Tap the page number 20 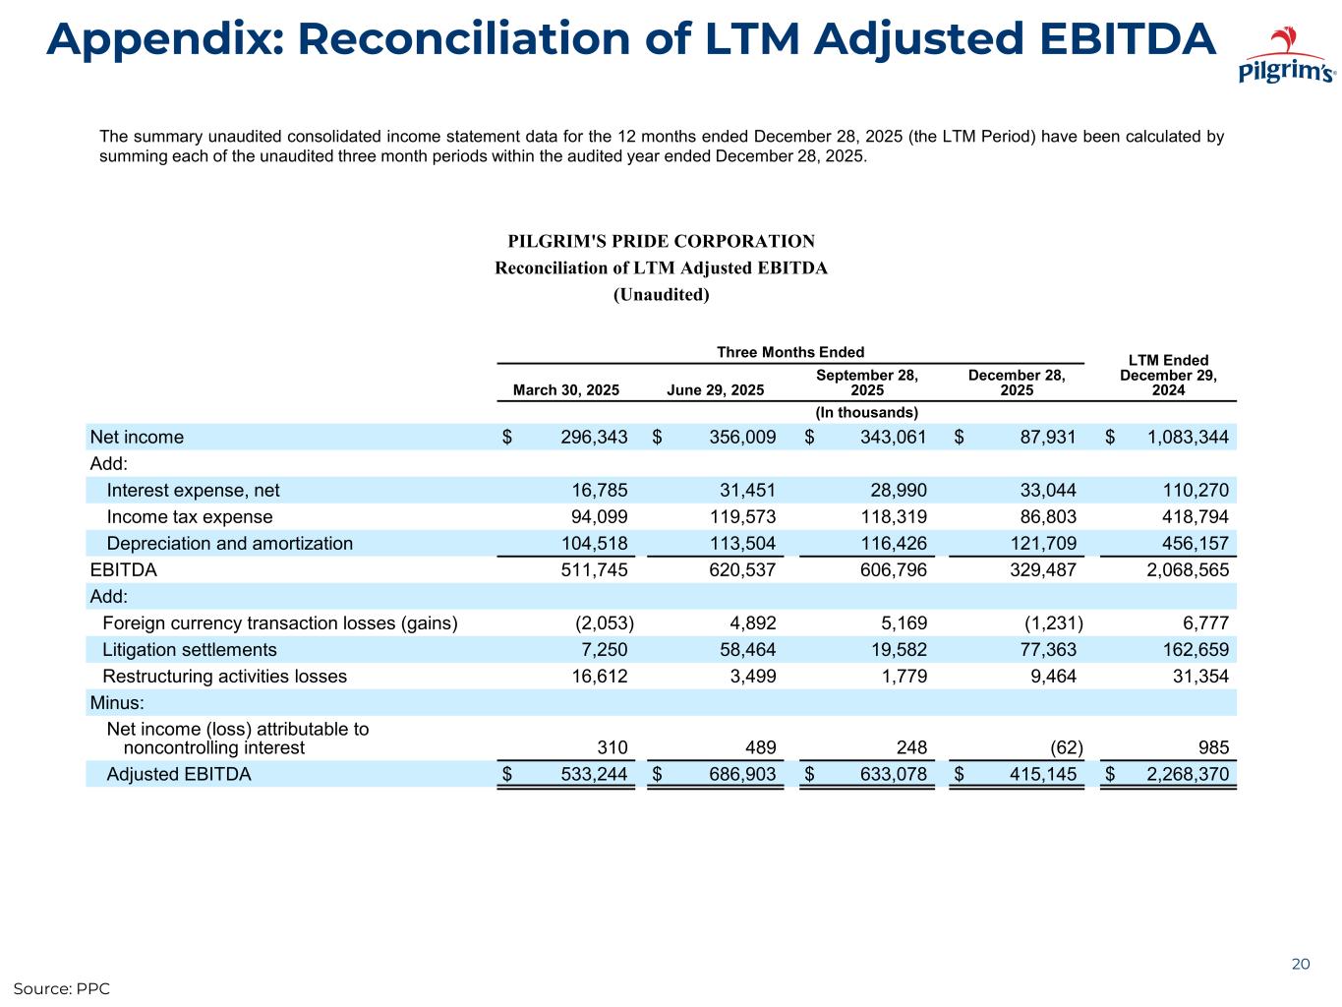pyautogui.click(x=1300, y=964)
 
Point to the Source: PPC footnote pyautogui.click(x=61, y=988)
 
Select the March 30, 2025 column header pyautogui.click(x=566, y=390)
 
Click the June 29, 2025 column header pyautogui.click(x=715, y=390)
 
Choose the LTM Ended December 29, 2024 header pyautogui.click(x=1168, y=376)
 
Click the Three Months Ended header pyautogui.click(x=790, y=352)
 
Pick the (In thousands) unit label pyautogui.click(x=866, y=412)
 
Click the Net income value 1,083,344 pyautogui.click(x=1188, y=438)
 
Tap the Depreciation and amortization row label pyautogui.click(x=229, y=544)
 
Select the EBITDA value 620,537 pyautogui.click(x=742, y=570)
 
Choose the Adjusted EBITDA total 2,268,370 pyautogui.click(x=1188, y=774)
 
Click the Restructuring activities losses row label pyautogui.click(x=224, y=677)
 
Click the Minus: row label pyautogui.click(x=117, y=703)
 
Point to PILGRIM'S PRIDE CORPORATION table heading pyautogui.click(x=661, y=242)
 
